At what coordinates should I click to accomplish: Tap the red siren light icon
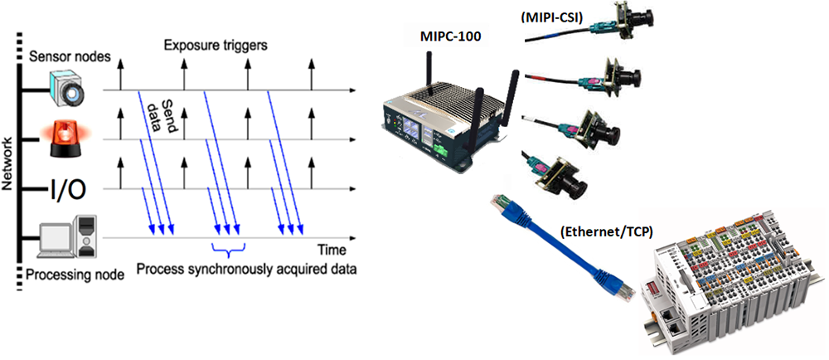[x=65, y=138]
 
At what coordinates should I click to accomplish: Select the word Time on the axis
[x=332, y=249]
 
